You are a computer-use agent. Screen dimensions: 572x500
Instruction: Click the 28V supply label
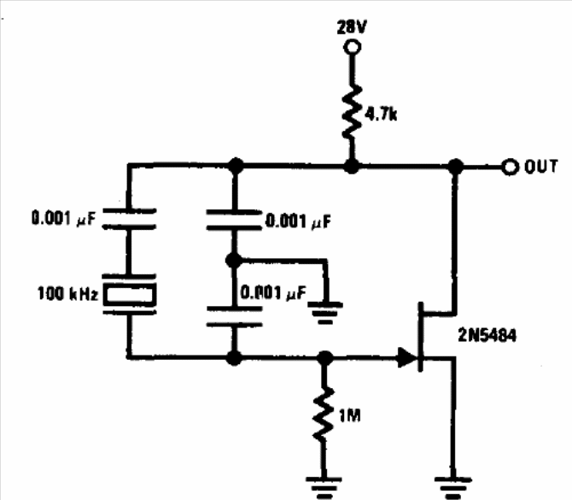tap(351, 27)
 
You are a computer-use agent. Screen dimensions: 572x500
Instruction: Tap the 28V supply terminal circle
tap(353, 48)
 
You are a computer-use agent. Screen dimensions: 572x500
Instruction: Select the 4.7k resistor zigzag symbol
tap(352, 112)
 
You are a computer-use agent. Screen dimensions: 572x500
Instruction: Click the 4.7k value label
tap(381, 115)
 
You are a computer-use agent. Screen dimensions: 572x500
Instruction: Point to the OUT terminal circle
tap(510, 168)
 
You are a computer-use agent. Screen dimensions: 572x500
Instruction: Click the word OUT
tap(541, 167)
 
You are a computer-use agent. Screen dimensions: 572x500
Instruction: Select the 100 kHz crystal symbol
tap(130, 294)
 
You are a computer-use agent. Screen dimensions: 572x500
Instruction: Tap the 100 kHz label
tap(67, 294)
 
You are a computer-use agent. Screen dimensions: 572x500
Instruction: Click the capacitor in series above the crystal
tap(130, 219)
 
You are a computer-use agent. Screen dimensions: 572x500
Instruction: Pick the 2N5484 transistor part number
tap(487, 335)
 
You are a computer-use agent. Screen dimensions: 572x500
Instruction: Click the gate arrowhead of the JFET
tap(407, 357)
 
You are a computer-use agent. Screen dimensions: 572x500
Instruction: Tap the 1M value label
tap(350, 416)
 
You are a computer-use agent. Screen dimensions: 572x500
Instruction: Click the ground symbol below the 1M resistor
tap(324, 487)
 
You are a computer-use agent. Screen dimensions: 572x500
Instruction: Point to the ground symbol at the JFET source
tap(452, 487)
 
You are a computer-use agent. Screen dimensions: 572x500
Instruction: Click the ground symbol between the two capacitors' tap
tap(325, 313)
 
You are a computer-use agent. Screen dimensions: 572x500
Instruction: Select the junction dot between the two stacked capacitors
tap(234, 261)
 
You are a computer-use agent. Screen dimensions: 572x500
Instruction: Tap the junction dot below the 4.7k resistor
tap(352, 167)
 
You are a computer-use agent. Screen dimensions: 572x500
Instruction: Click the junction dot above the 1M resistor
tap(324, 358)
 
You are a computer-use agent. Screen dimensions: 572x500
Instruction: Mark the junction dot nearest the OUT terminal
tap(456, 167)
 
